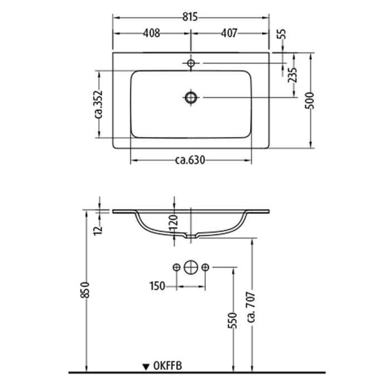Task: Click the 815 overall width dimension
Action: point(191,17)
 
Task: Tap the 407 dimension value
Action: point(228,33)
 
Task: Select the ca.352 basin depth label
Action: point(99,104)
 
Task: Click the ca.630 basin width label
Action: point(191,161)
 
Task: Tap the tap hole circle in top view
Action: point(191,64)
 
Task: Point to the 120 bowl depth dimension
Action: point(173,222)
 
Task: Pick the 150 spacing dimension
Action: point(157,286)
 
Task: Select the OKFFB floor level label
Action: point(167,366)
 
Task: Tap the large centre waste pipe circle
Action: point(191,268)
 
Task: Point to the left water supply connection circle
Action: point(177,268)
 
